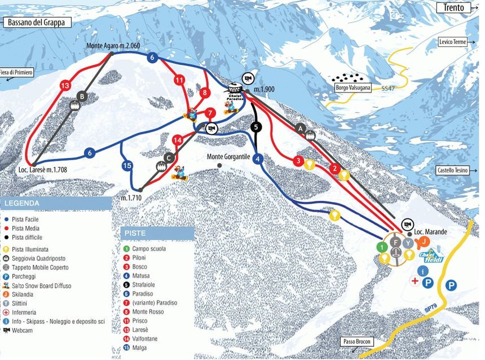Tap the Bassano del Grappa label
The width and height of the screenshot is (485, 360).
[x=37, y=23]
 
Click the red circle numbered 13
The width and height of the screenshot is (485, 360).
[x=65, y=85]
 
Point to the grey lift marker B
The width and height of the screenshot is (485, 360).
[x=82, y=96]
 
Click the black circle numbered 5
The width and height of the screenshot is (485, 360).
[x=257, y=127]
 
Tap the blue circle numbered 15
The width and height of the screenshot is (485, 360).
[x=127, y=165]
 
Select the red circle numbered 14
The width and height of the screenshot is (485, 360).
[x=177, y=139]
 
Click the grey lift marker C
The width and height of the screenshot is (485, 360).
[x=168, y=157]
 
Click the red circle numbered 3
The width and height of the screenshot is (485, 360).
[x=298, y=161]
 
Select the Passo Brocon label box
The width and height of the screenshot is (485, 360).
[x=357, y=341]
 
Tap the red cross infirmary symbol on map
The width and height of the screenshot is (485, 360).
[x=415, y=280]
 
